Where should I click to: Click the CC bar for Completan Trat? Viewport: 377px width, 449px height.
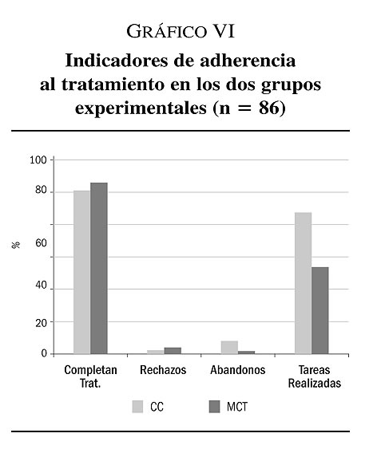coord(82,272)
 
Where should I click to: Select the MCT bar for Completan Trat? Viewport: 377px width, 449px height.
coord(99,268)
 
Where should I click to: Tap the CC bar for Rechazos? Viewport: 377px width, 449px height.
coord(156,352)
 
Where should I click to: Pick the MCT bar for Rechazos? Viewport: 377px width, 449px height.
coord(173,351)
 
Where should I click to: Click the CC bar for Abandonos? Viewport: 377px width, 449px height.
coord(229,348)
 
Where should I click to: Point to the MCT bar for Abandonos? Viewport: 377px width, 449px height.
coord(246,353)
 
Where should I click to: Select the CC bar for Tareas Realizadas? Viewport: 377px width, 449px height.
coord(303,283)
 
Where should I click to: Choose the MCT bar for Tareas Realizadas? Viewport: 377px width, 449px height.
coord(320,310)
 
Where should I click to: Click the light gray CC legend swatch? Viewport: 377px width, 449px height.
coord(137,407)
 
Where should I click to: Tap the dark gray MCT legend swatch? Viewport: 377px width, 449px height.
coord(214,407)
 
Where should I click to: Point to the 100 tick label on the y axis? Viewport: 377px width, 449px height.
coord(38,160)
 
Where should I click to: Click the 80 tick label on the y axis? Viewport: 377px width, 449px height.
coord(41,190)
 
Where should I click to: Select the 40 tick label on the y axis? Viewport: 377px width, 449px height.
coord(41,286)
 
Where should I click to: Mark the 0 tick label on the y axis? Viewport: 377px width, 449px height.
coord(44,354)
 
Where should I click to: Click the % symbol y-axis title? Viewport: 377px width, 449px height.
coord(16,245)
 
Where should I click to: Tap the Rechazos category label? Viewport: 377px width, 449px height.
coord(163,370)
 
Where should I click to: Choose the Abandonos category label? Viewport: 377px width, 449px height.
coord(238,370)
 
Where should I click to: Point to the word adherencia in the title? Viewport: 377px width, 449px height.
coord(248,61)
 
